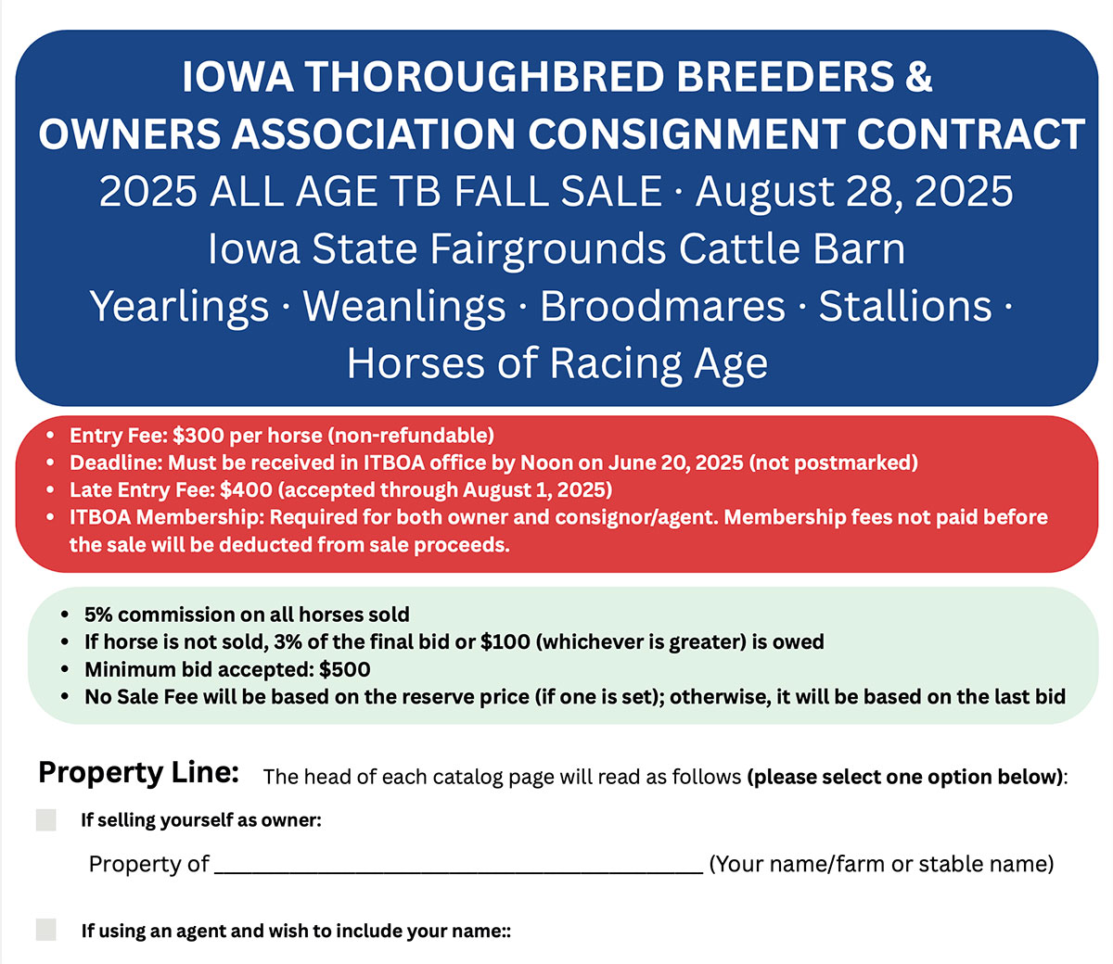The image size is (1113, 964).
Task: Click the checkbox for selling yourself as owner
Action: point(45,819)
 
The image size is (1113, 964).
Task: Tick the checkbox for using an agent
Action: point(45,930)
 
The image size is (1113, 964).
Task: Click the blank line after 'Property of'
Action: point(459,872)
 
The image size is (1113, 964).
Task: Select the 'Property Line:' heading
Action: point(138,773)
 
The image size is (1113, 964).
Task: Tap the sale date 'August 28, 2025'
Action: point(854,192)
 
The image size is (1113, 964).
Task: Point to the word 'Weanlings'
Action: point(403,306)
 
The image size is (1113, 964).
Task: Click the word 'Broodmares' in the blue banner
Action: point(662,306)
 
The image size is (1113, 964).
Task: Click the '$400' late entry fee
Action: point(246,489)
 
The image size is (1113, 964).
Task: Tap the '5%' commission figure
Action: point(102,615)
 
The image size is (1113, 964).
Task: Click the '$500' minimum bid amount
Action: point(345,669)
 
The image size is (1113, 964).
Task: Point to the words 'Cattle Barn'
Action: point(791,248)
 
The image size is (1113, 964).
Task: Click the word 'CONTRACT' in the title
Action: point(970,133)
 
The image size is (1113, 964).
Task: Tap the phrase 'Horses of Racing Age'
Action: point(557,363)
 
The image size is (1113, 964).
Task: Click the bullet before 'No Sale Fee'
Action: point(65,696)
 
